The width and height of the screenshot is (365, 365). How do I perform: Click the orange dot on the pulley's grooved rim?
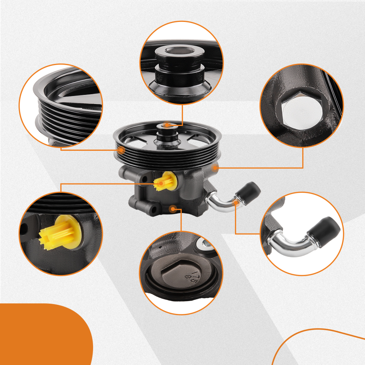click(x=122, y=150)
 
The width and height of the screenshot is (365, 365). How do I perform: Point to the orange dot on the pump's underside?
click(x=173, y=208)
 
